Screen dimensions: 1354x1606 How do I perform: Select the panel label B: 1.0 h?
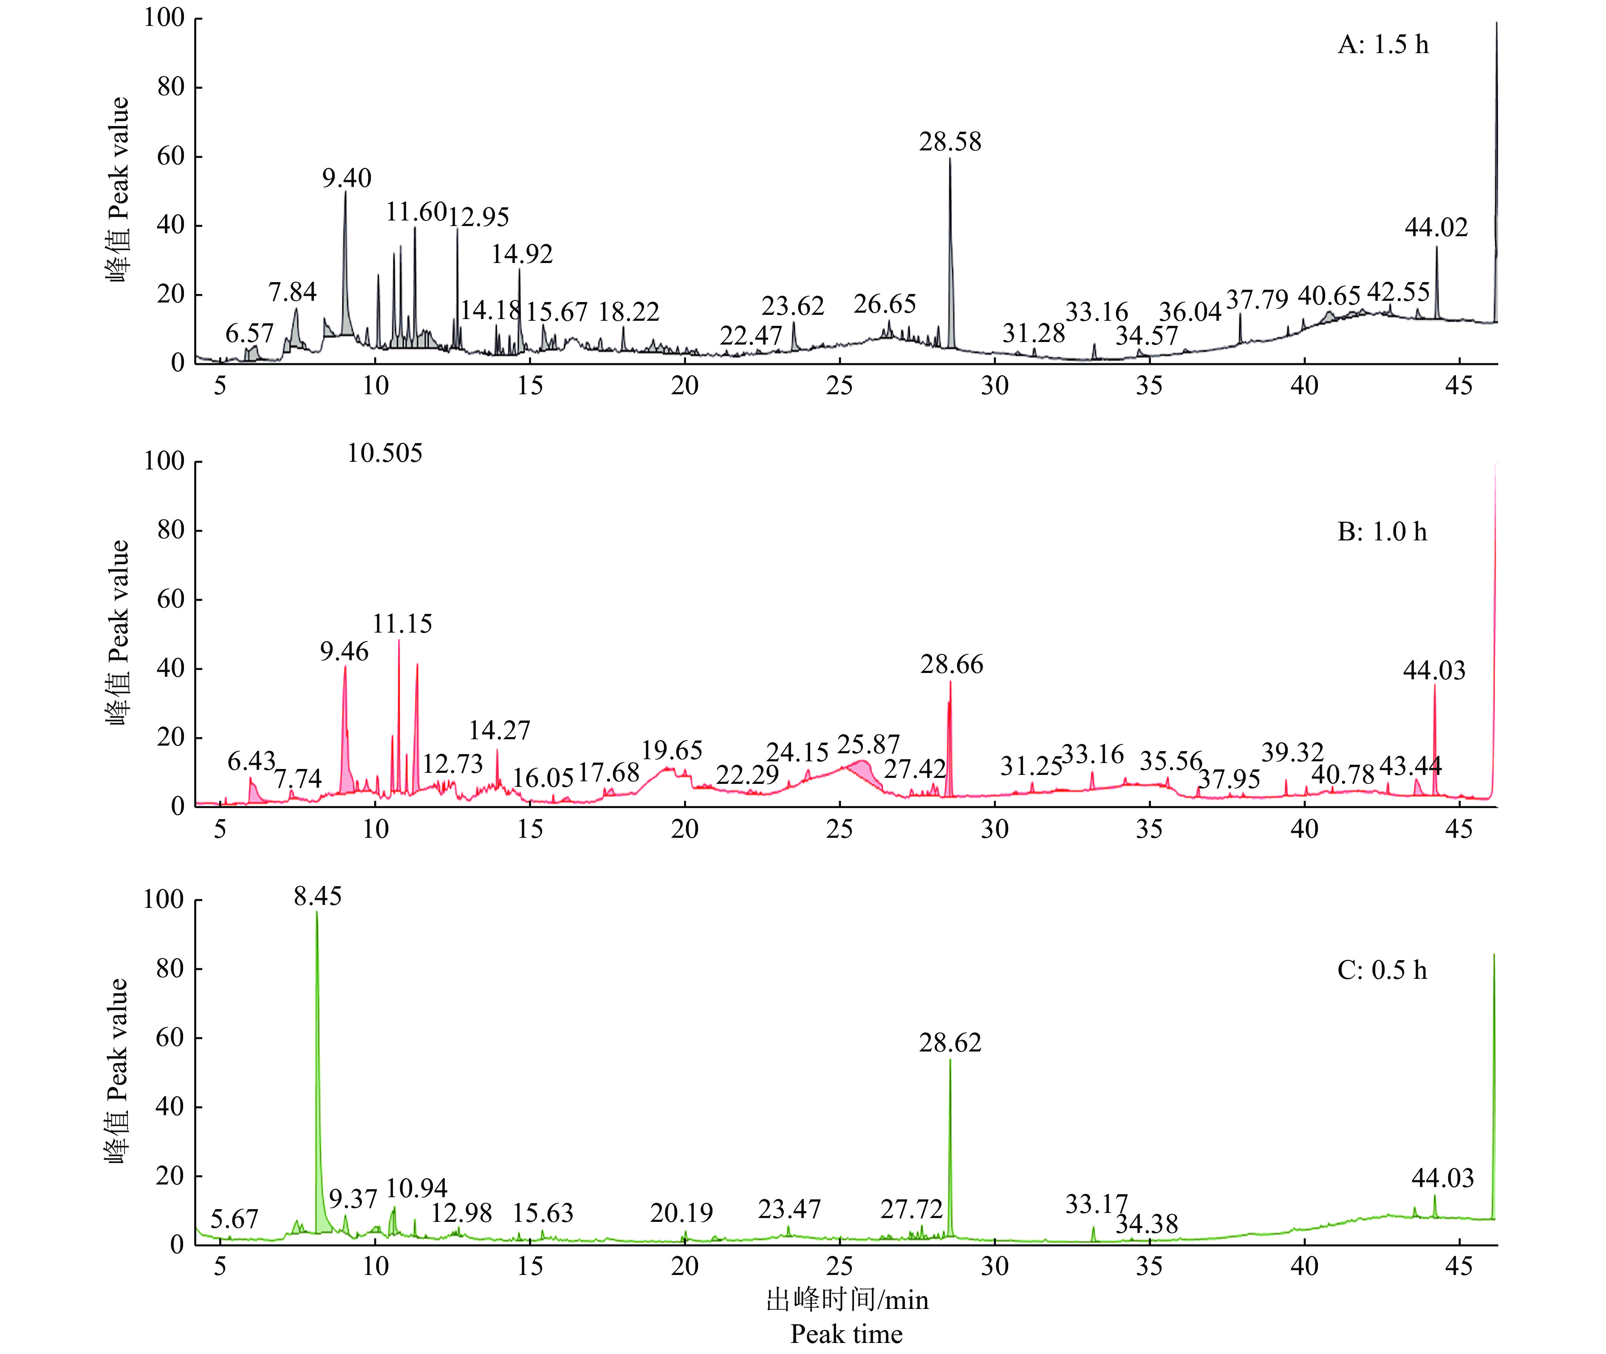coord(1382,532)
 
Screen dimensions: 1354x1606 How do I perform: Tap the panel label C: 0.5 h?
coord(1382,970)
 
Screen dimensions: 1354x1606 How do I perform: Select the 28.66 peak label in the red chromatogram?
coord(951,665)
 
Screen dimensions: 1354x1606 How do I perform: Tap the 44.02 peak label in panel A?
coord(1436,228)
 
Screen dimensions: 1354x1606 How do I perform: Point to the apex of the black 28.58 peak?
coord(950,159)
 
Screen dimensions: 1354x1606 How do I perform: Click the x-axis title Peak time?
coord(846,1334)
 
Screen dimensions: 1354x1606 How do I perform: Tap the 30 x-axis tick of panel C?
coord(994,1266)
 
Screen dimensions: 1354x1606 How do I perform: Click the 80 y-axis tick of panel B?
coord(170,530)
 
